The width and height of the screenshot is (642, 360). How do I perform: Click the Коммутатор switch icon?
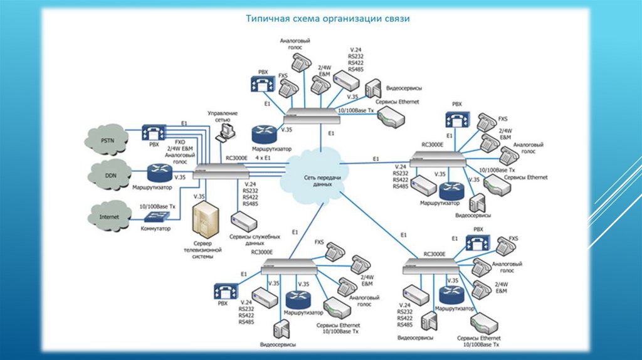pyautogui.click(x=155, y=216)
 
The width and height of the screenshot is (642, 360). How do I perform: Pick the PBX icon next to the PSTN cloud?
pyautogui.click(x=153, y=132)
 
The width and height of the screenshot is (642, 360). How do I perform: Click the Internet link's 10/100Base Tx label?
pyautogui.click(x=157, y=205)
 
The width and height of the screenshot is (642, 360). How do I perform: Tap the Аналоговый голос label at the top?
pyautogui.click(x=295, y=44)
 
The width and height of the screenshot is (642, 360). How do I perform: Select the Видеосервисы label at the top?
pyautogui.click(x=404, y=88)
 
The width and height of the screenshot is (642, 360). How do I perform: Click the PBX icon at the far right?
pyautogui.click(x=456, y=119)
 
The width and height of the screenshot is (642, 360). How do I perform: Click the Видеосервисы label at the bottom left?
pyautogui.click(x=278, y=344)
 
